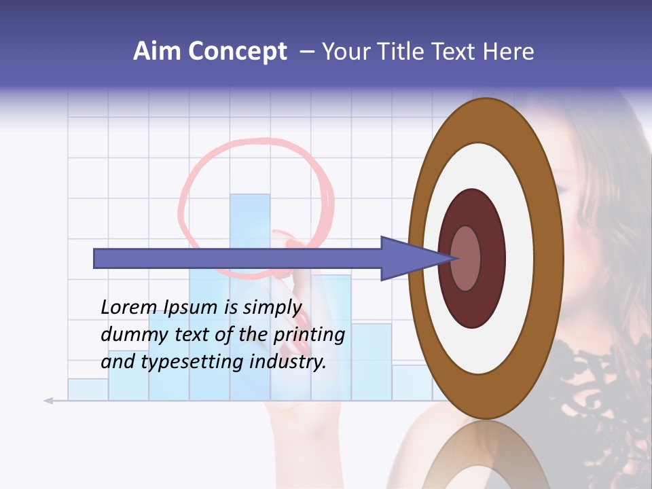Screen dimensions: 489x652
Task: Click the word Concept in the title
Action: pyautogui.click(x=236, y=52)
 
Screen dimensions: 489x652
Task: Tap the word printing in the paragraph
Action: pyautogui.click(x=309, y=335)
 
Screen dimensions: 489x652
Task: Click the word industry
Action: pyautogui.click(x=288, y=361)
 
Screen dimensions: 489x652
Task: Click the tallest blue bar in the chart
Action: pyautogui.click(x=250, y=217)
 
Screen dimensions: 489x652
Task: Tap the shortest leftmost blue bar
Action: pyautogui.click(x=88, y=389)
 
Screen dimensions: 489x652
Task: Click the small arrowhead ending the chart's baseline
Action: pyautogui.click(x=48, y=401)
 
